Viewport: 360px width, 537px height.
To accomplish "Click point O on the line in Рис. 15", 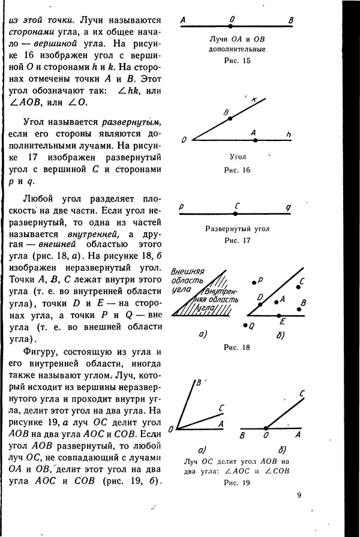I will (x=231, y=27).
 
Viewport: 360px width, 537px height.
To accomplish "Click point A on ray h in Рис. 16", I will (x=255, y=140).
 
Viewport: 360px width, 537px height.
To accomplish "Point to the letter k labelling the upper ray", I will (x=254, y=100).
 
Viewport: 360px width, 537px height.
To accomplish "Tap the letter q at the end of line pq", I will (x=288, y=208).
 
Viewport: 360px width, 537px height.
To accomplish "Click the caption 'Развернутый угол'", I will (x=237, y=229).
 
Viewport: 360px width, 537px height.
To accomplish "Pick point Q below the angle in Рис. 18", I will (x=245, y=326).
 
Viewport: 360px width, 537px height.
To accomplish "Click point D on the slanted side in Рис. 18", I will (x=265, y=304).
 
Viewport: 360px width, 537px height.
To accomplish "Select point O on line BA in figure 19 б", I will (x=265, y=428).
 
